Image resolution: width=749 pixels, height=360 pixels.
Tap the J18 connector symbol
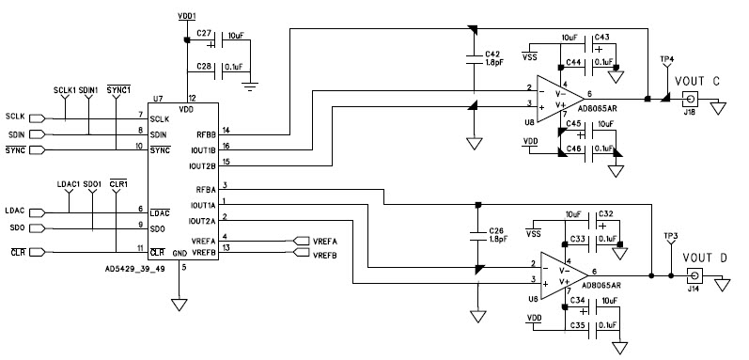click(x=690, y=99)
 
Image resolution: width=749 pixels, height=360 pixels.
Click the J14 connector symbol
click(x=694, y=275)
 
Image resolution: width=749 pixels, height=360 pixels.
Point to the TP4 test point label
click(x=666, y=59)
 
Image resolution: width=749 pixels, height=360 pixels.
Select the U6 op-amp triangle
click(x=554, y=272)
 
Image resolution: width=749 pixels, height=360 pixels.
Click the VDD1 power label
click(x=187, y=17)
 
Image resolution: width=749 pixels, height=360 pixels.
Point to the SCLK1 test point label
click(x=65, y=89)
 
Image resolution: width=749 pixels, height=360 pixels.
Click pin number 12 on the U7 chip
click(x=193, y=97)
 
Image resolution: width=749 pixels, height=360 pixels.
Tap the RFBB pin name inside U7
click(x=207, y=133)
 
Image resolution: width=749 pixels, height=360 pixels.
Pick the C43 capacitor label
click(x=601, y=38)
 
